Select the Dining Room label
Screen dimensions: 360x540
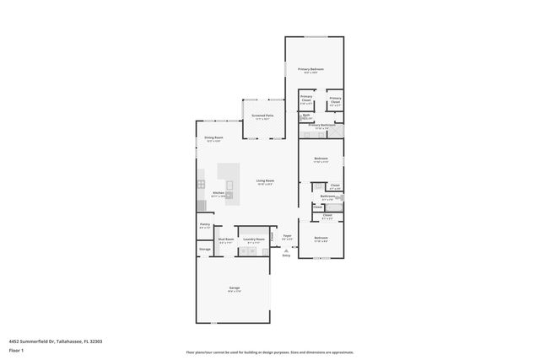pos(213,137)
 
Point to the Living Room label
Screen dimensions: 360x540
pos(265,180)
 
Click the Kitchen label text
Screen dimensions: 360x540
pos(218,193)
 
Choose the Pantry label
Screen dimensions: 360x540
pos(204,225)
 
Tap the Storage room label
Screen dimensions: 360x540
pos(204,250)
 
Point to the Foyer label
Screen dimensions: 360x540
pos(287,235)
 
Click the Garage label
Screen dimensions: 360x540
pos(234,287)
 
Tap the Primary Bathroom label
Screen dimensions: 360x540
pos(321,125)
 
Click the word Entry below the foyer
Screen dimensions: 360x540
pos(286,255)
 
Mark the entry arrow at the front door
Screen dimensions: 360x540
pos(286,250)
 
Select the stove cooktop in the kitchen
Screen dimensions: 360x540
pos(202,183)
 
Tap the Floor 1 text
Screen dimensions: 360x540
pos(15,350)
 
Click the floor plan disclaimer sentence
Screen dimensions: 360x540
pos(269,352)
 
